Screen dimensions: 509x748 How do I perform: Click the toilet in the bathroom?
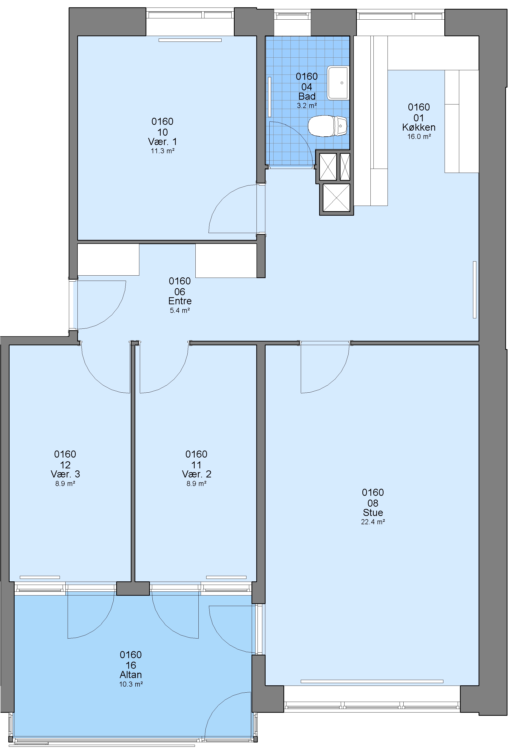[x=327, y=126]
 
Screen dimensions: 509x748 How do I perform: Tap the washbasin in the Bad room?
[x=338, y=83]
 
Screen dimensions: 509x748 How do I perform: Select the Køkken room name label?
[x=419, y=127]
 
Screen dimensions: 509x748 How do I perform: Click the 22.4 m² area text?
[x=373, y=522]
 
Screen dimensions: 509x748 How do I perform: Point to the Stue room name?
[x=373, y=512]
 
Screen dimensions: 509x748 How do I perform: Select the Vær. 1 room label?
[x=162, y=142]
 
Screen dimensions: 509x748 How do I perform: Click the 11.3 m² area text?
[x=162, y=151]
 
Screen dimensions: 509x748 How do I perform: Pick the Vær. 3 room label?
[x=65, y=474]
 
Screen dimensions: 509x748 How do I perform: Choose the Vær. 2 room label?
[x=196, y=474]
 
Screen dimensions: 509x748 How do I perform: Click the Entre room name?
[x=180, y=301]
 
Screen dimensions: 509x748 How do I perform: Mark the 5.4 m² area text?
[x=180, y=311]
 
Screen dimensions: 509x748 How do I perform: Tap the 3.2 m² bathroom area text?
[x=307, y=105]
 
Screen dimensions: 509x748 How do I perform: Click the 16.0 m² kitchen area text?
[x=419, y=136]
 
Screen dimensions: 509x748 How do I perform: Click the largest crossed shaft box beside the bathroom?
[x=336, y=198]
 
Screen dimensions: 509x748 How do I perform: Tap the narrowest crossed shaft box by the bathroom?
[x=345, y=167]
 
